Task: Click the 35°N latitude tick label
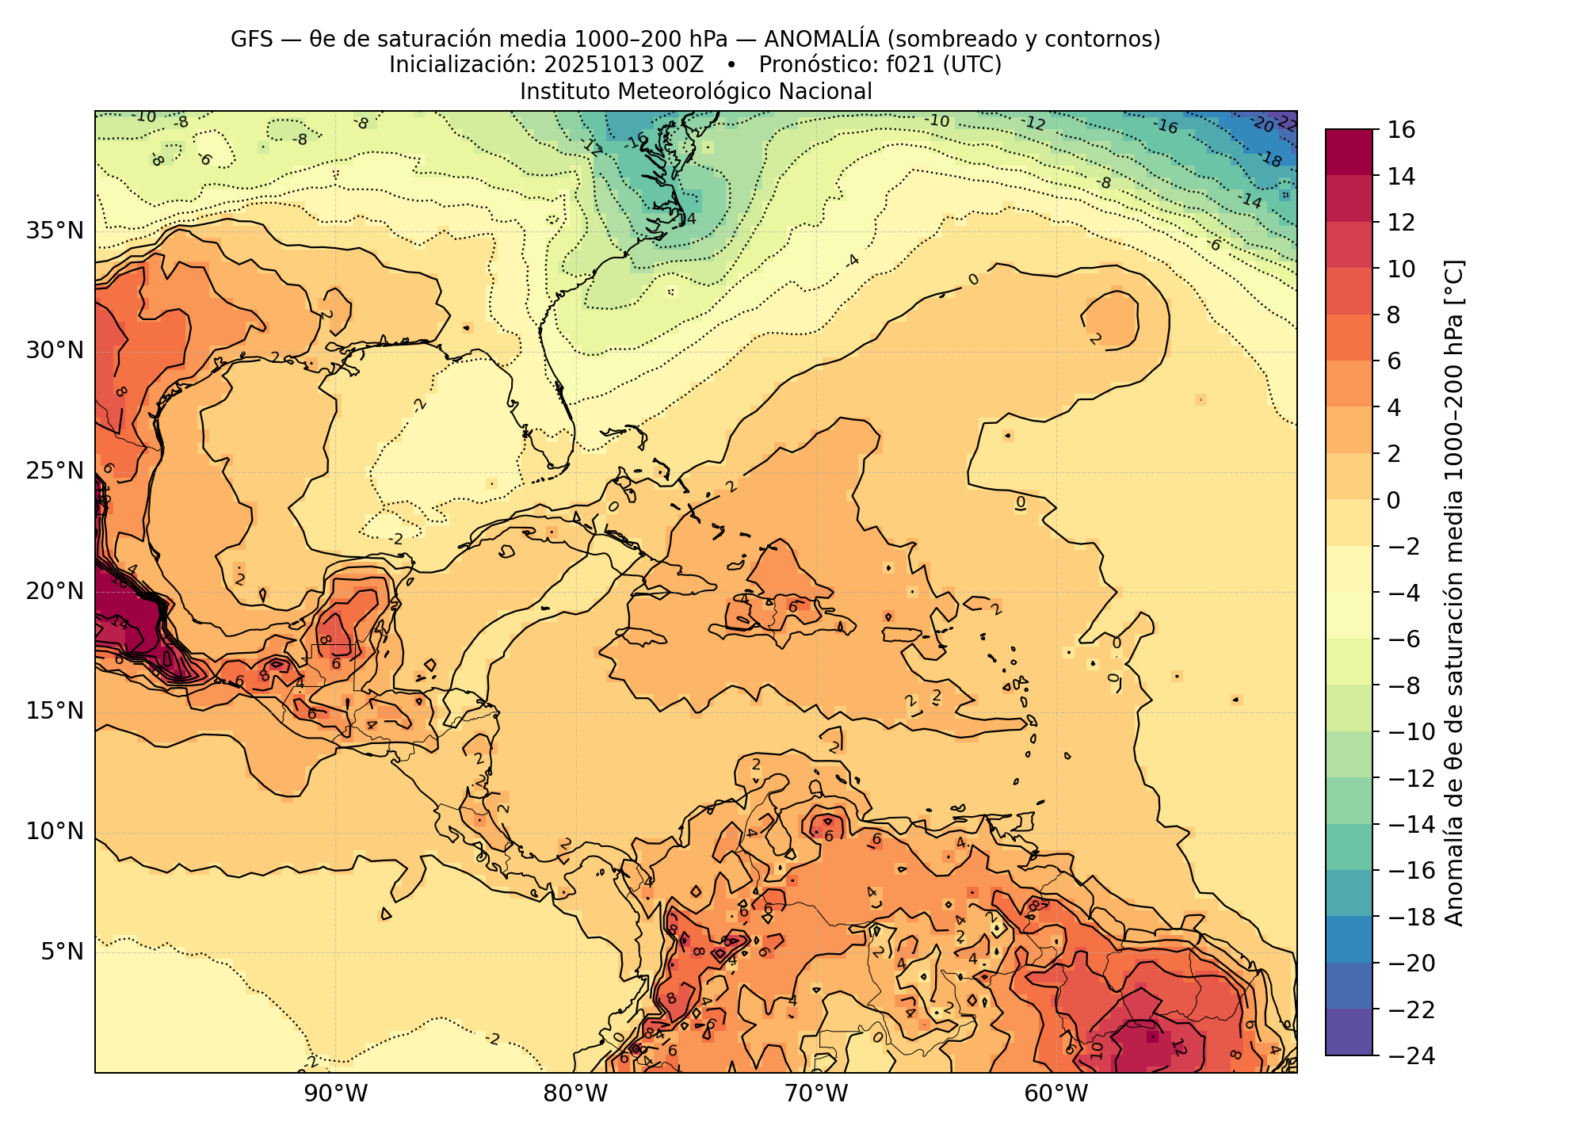(55, 231)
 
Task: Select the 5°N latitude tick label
(63, 951)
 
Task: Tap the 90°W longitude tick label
(336, 1094)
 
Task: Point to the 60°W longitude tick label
(1056, 1094)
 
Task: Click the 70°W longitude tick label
(816, 1094)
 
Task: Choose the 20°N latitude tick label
(55, 591)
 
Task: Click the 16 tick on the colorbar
(1402, 130)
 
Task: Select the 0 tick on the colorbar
(1394, 501)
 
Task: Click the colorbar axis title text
(1455, 593)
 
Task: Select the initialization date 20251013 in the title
(597, 65)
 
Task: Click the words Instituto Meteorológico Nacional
(696, 92)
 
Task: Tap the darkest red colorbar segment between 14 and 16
(1349, 152)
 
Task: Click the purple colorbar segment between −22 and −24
(1349, 1032)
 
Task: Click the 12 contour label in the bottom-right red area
(1178, 1047)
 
